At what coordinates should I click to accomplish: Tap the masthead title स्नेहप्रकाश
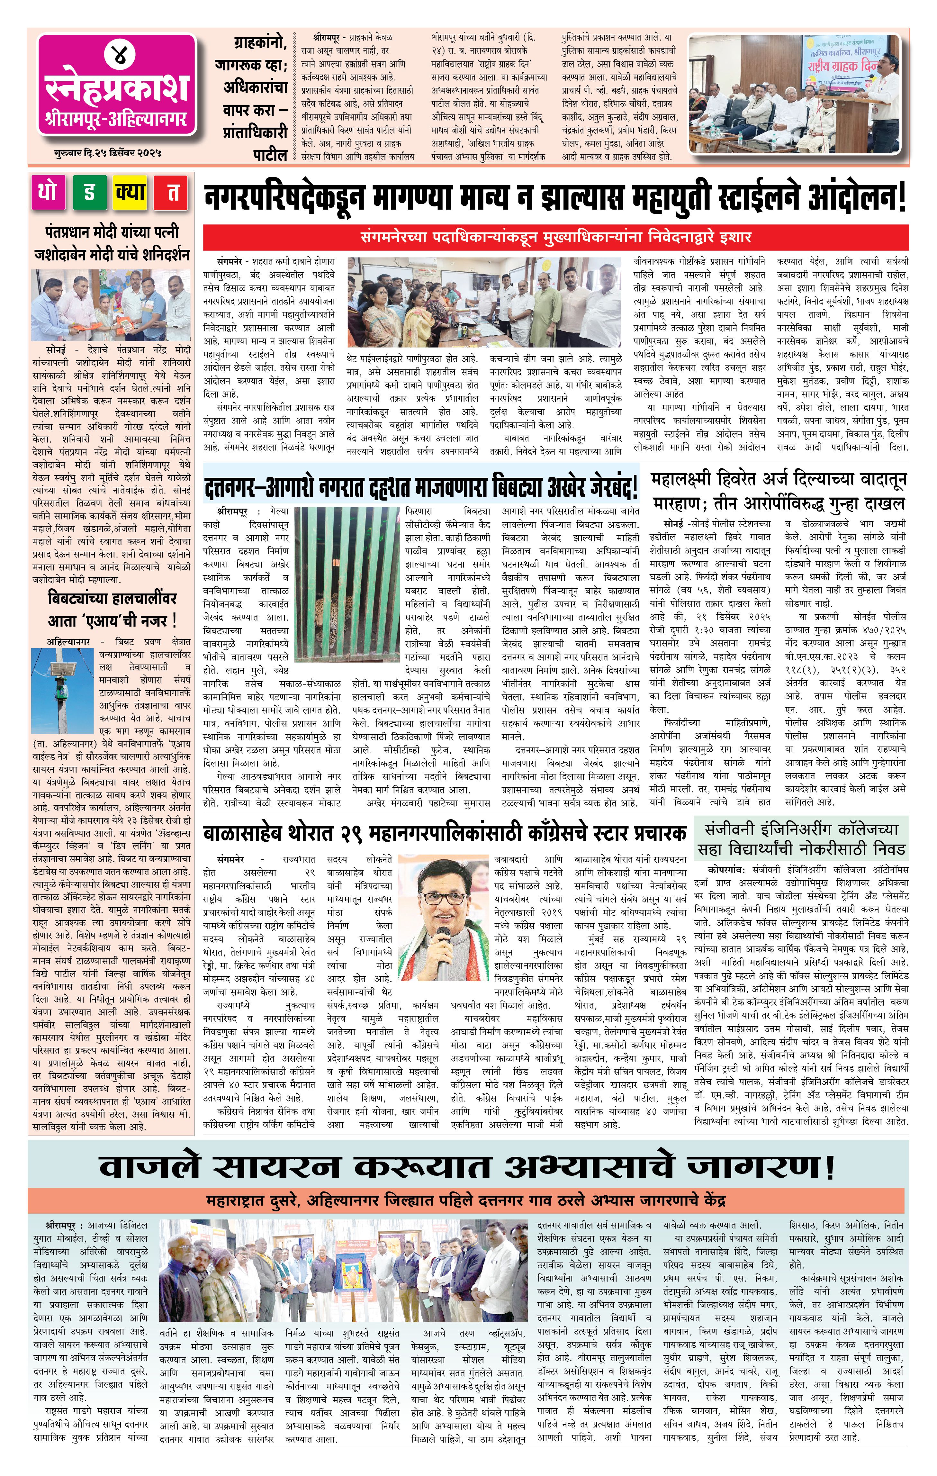[x=116, y=88]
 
